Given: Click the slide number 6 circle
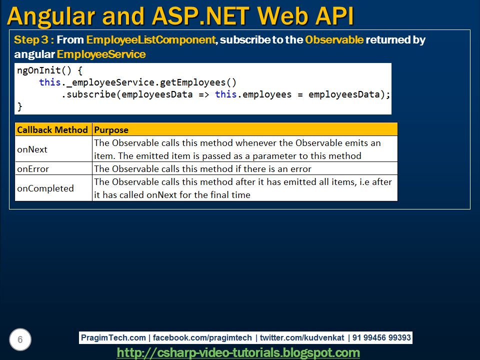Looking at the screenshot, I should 20,340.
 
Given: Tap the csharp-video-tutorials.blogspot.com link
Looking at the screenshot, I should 238,352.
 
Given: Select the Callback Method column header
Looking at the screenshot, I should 52,130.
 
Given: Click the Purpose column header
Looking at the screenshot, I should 111,130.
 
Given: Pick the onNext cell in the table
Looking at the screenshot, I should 32,149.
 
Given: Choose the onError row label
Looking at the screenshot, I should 33,169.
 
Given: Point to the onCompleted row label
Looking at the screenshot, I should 45,188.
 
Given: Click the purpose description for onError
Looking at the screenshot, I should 202,169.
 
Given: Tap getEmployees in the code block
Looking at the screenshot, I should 192,82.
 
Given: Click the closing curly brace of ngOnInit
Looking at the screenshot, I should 20,106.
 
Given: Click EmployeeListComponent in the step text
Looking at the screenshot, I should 150,40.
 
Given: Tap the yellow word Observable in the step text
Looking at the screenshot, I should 334,40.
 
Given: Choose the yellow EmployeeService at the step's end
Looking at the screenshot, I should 101,54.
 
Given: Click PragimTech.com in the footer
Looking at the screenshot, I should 113,338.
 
